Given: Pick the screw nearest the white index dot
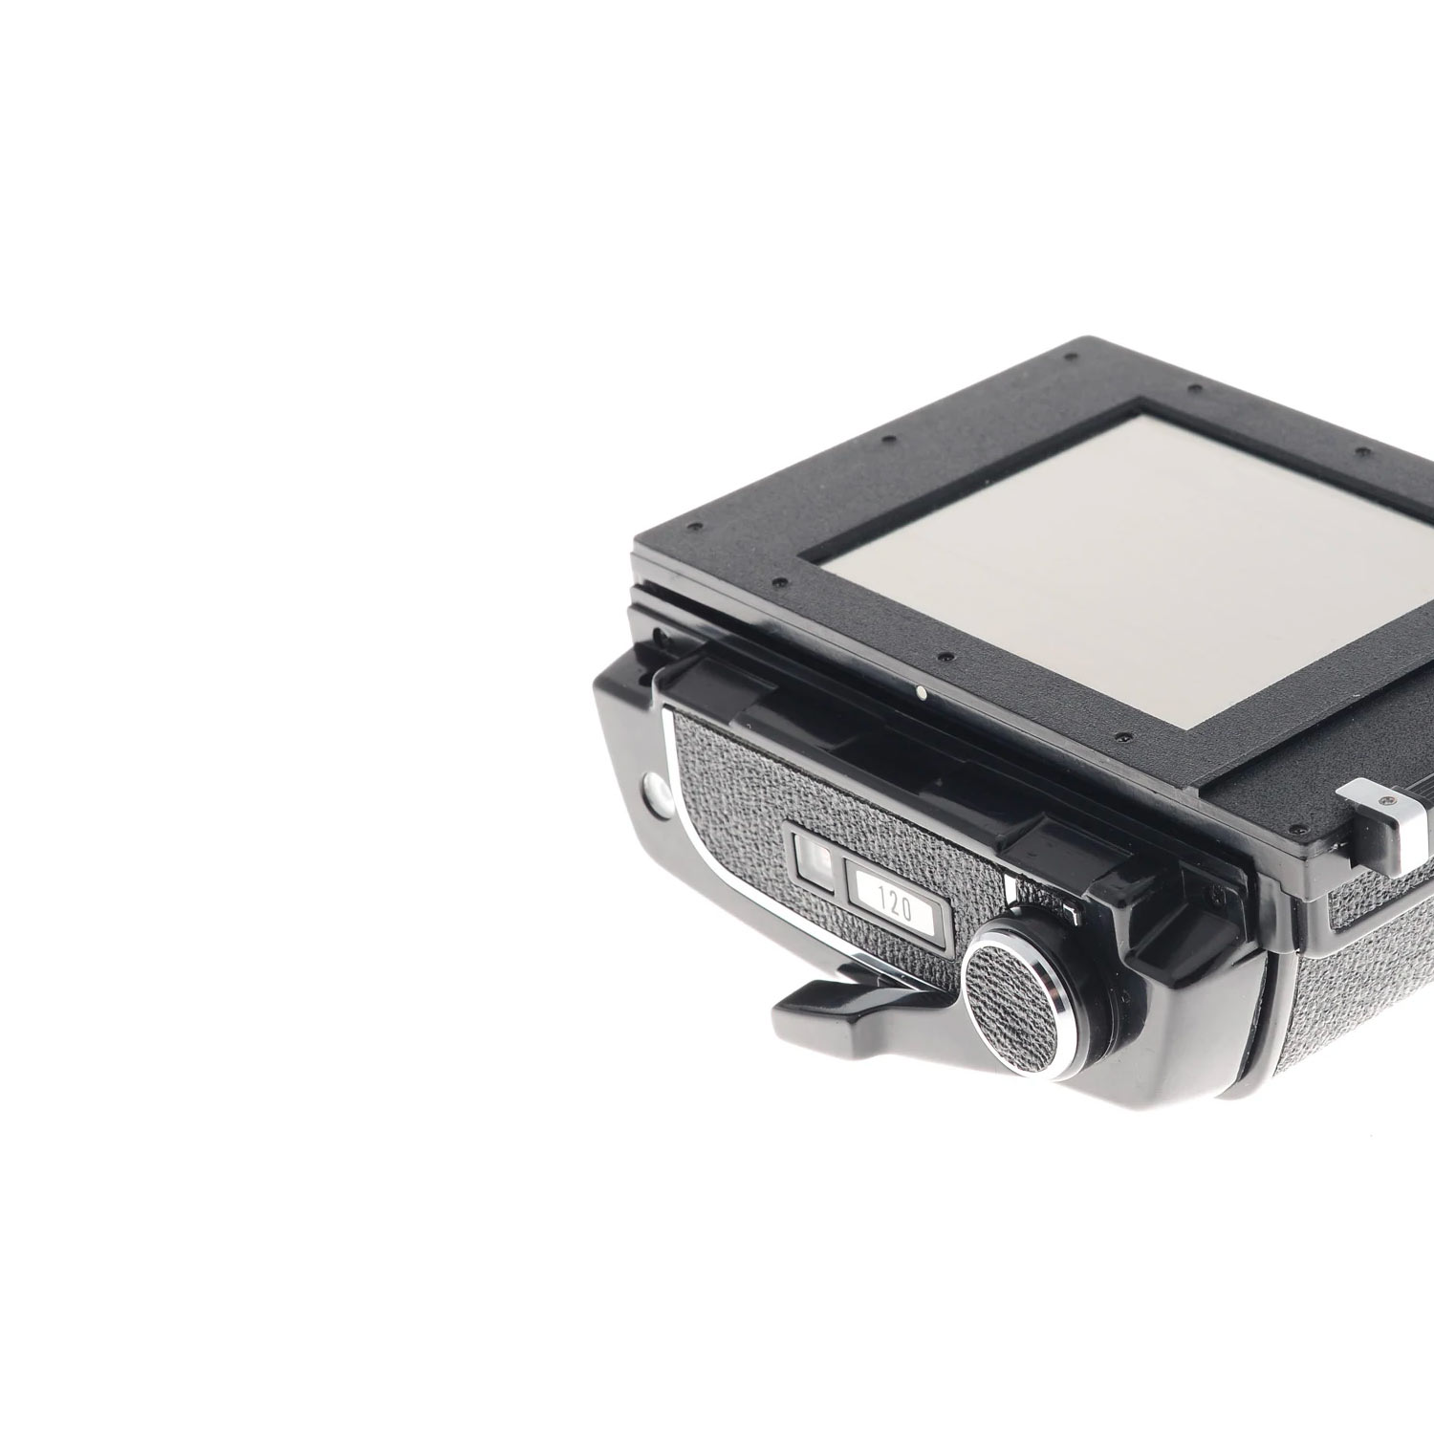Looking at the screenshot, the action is [x=945, y=658].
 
